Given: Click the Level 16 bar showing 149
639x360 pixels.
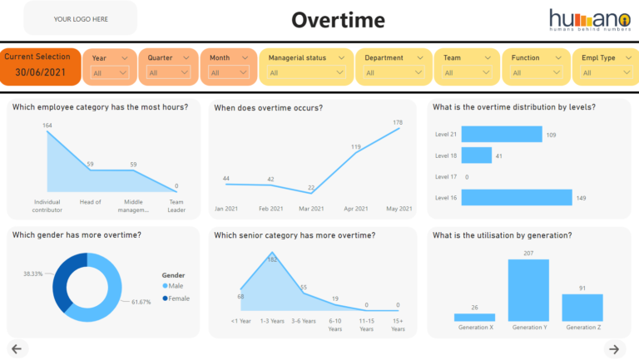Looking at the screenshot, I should coord(516,197).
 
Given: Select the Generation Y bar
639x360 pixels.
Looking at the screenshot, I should coord(528,290).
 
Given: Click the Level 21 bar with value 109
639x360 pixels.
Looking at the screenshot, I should coord(500,134).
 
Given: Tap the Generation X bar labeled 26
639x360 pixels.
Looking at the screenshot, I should coord(474,317).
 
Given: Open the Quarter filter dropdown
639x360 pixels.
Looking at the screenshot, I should coord(169,72).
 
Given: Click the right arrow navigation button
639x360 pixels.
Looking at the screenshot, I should coord(614,348).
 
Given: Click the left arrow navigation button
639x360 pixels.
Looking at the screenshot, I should coord(17,348).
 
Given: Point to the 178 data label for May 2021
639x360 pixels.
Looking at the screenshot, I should coord(398,122).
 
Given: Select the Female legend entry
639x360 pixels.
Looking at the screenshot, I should coord(178,298).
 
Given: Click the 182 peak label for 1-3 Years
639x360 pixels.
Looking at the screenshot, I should coord(271,259).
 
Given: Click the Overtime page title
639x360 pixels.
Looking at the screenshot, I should coord(338,20).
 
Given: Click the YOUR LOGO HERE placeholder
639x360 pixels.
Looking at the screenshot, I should coord(81,18).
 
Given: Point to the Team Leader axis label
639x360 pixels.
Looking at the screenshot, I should coord(176,205).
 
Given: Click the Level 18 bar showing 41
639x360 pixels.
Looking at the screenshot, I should coord(476,155).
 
